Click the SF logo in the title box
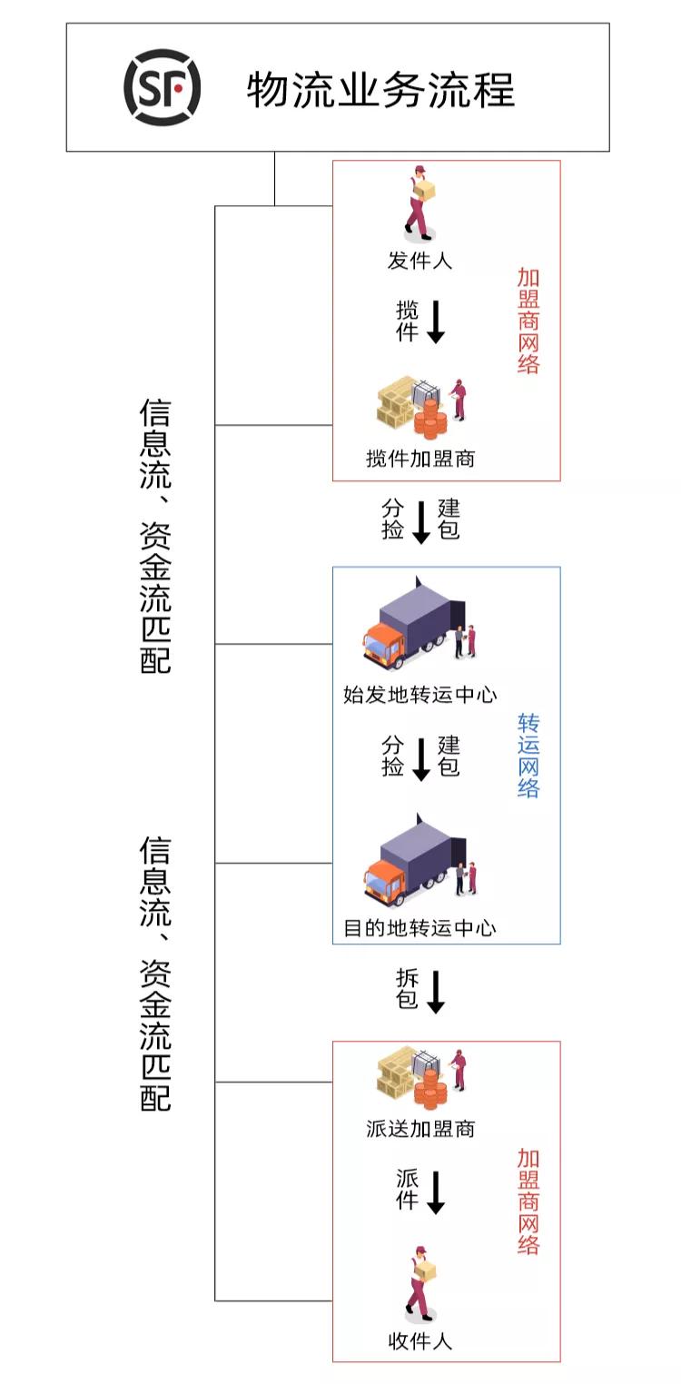pos(162,87)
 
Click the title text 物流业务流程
pos(380,90)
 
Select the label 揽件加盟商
pos(420,459)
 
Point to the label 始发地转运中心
pos(419,696)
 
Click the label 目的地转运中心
pos(419,928)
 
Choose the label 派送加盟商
pos(420,1129)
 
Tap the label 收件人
pos(419,1340)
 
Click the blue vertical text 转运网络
pos(528,756)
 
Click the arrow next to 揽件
pos(436,321)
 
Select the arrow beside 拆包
pos(436,991)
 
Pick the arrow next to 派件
pos(436,1191)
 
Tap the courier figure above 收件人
pos(419,1283)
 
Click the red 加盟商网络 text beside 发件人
pos(528,321)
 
